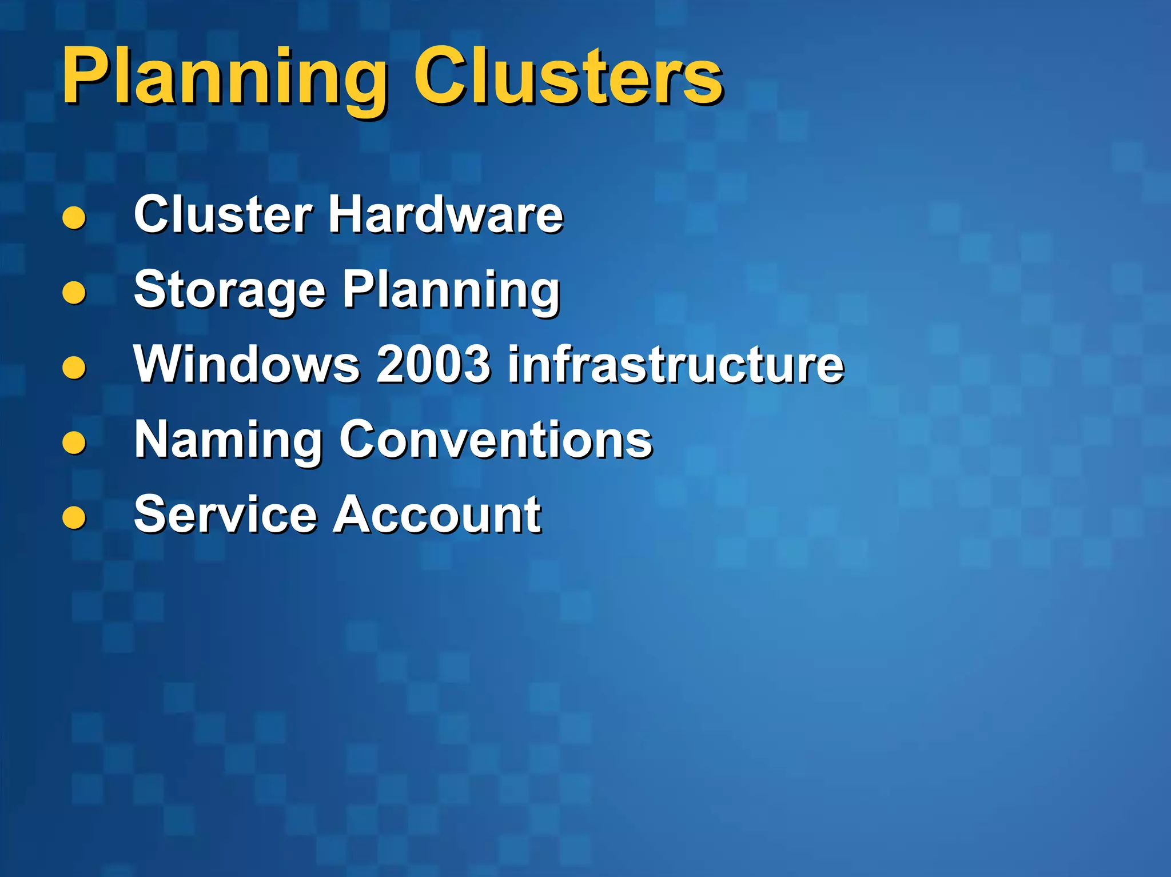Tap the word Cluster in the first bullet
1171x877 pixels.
tap(223, 214)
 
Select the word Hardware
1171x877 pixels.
tap(445, 214)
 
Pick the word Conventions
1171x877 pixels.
tap(496, 439)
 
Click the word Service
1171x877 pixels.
tap(225, 515)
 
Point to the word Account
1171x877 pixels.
tap(437, 515)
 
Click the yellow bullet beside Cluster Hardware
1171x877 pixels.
tap(74, 218)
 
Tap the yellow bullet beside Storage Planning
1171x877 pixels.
tap(74, 293)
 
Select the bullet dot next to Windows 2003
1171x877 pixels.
tap(74, 368)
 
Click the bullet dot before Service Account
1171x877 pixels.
tap(74, 517)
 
